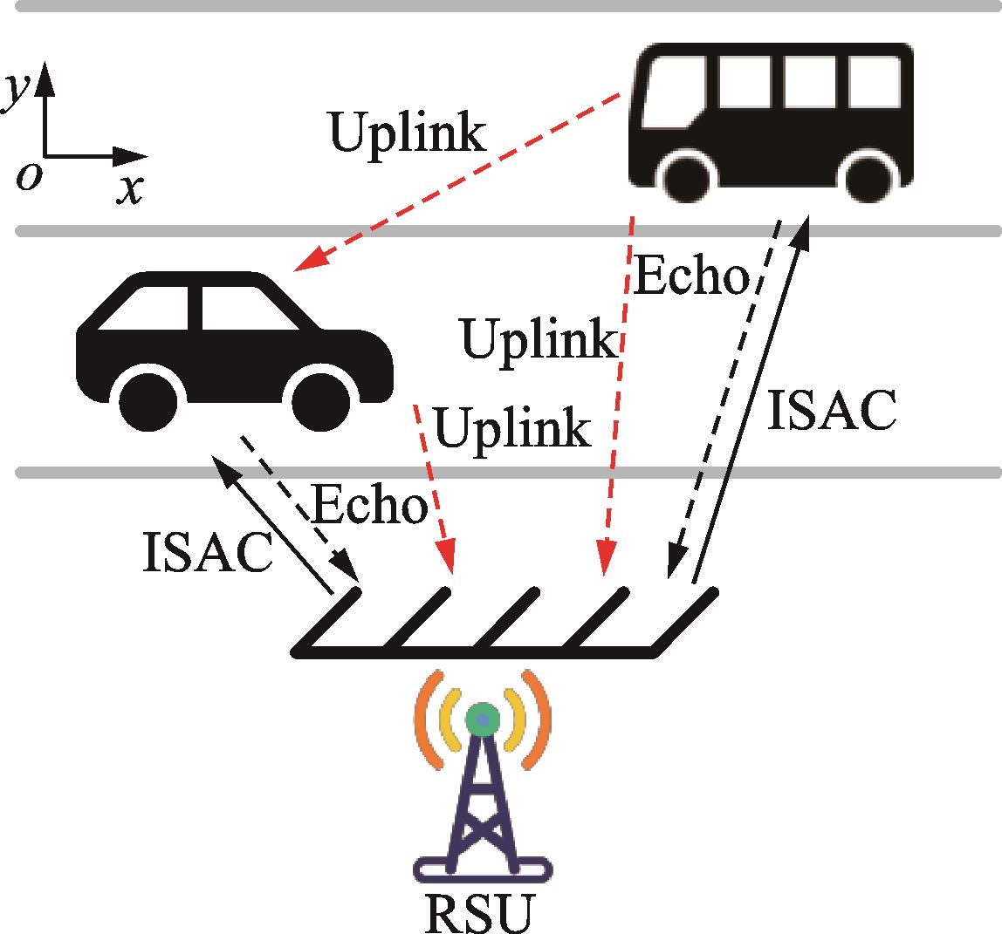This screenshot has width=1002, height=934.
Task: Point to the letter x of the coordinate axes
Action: tap(129, 189)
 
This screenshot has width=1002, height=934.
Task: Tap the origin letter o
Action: tap(29, 177)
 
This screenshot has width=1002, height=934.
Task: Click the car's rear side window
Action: tap(148, 309)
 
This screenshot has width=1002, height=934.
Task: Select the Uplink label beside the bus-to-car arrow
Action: tap(407, 133)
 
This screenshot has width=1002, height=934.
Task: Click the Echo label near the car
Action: tap(368, 506)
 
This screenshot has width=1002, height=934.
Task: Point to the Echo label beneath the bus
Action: tap(690, 277)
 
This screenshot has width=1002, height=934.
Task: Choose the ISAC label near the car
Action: tap(207, 553)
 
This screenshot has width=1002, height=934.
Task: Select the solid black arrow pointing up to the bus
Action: tap(751, 401)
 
